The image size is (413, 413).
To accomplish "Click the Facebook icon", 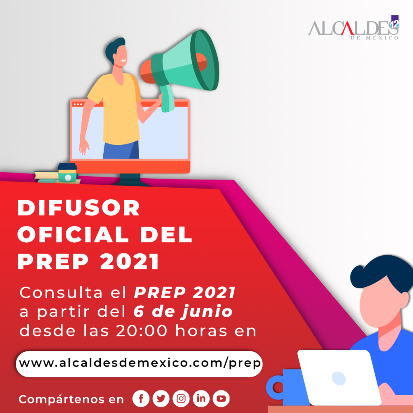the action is (x=141, y=398).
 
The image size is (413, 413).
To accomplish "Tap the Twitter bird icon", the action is (x=161, y=398).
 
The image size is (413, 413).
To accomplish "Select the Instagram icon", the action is (x=181, y=398).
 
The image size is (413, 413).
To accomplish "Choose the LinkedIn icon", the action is (x=201, y=398).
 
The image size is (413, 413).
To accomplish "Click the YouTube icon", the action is (x=221, y=398).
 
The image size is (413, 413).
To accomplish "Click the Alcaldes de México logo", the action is (x=353, y=28).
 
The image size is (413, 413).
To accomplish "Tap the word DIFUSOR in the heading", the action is (x=79, y=208).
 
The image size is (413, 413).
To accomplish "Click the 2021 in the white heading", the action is (x=129, y=261).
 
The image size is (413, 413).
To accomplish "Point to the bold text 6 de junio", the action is (x=183, y=311).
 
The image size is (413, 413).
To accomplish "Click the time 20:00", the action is (x=142, y=331).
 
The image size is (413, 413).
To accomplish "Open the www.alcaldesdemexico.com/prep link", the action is (x=139, y=364).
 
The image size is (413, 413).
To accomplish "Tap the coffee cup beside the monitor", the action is (x=67, y=173).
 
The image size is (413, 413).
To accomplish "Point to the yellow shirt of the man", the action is (x=116, y=108).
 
